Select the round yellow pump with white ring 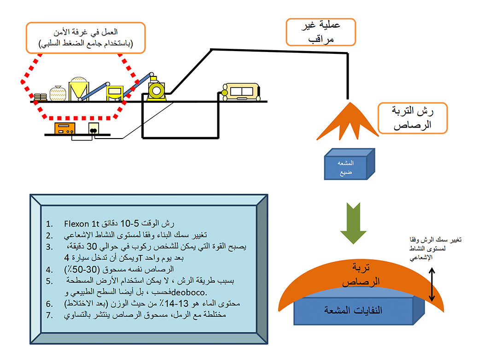point(155,90)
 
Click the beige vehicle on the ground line point(242,92)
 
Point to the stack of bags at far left point(41,97)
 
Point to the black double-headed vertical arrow point(432,285)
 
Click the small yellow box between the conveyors point(114,92)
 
